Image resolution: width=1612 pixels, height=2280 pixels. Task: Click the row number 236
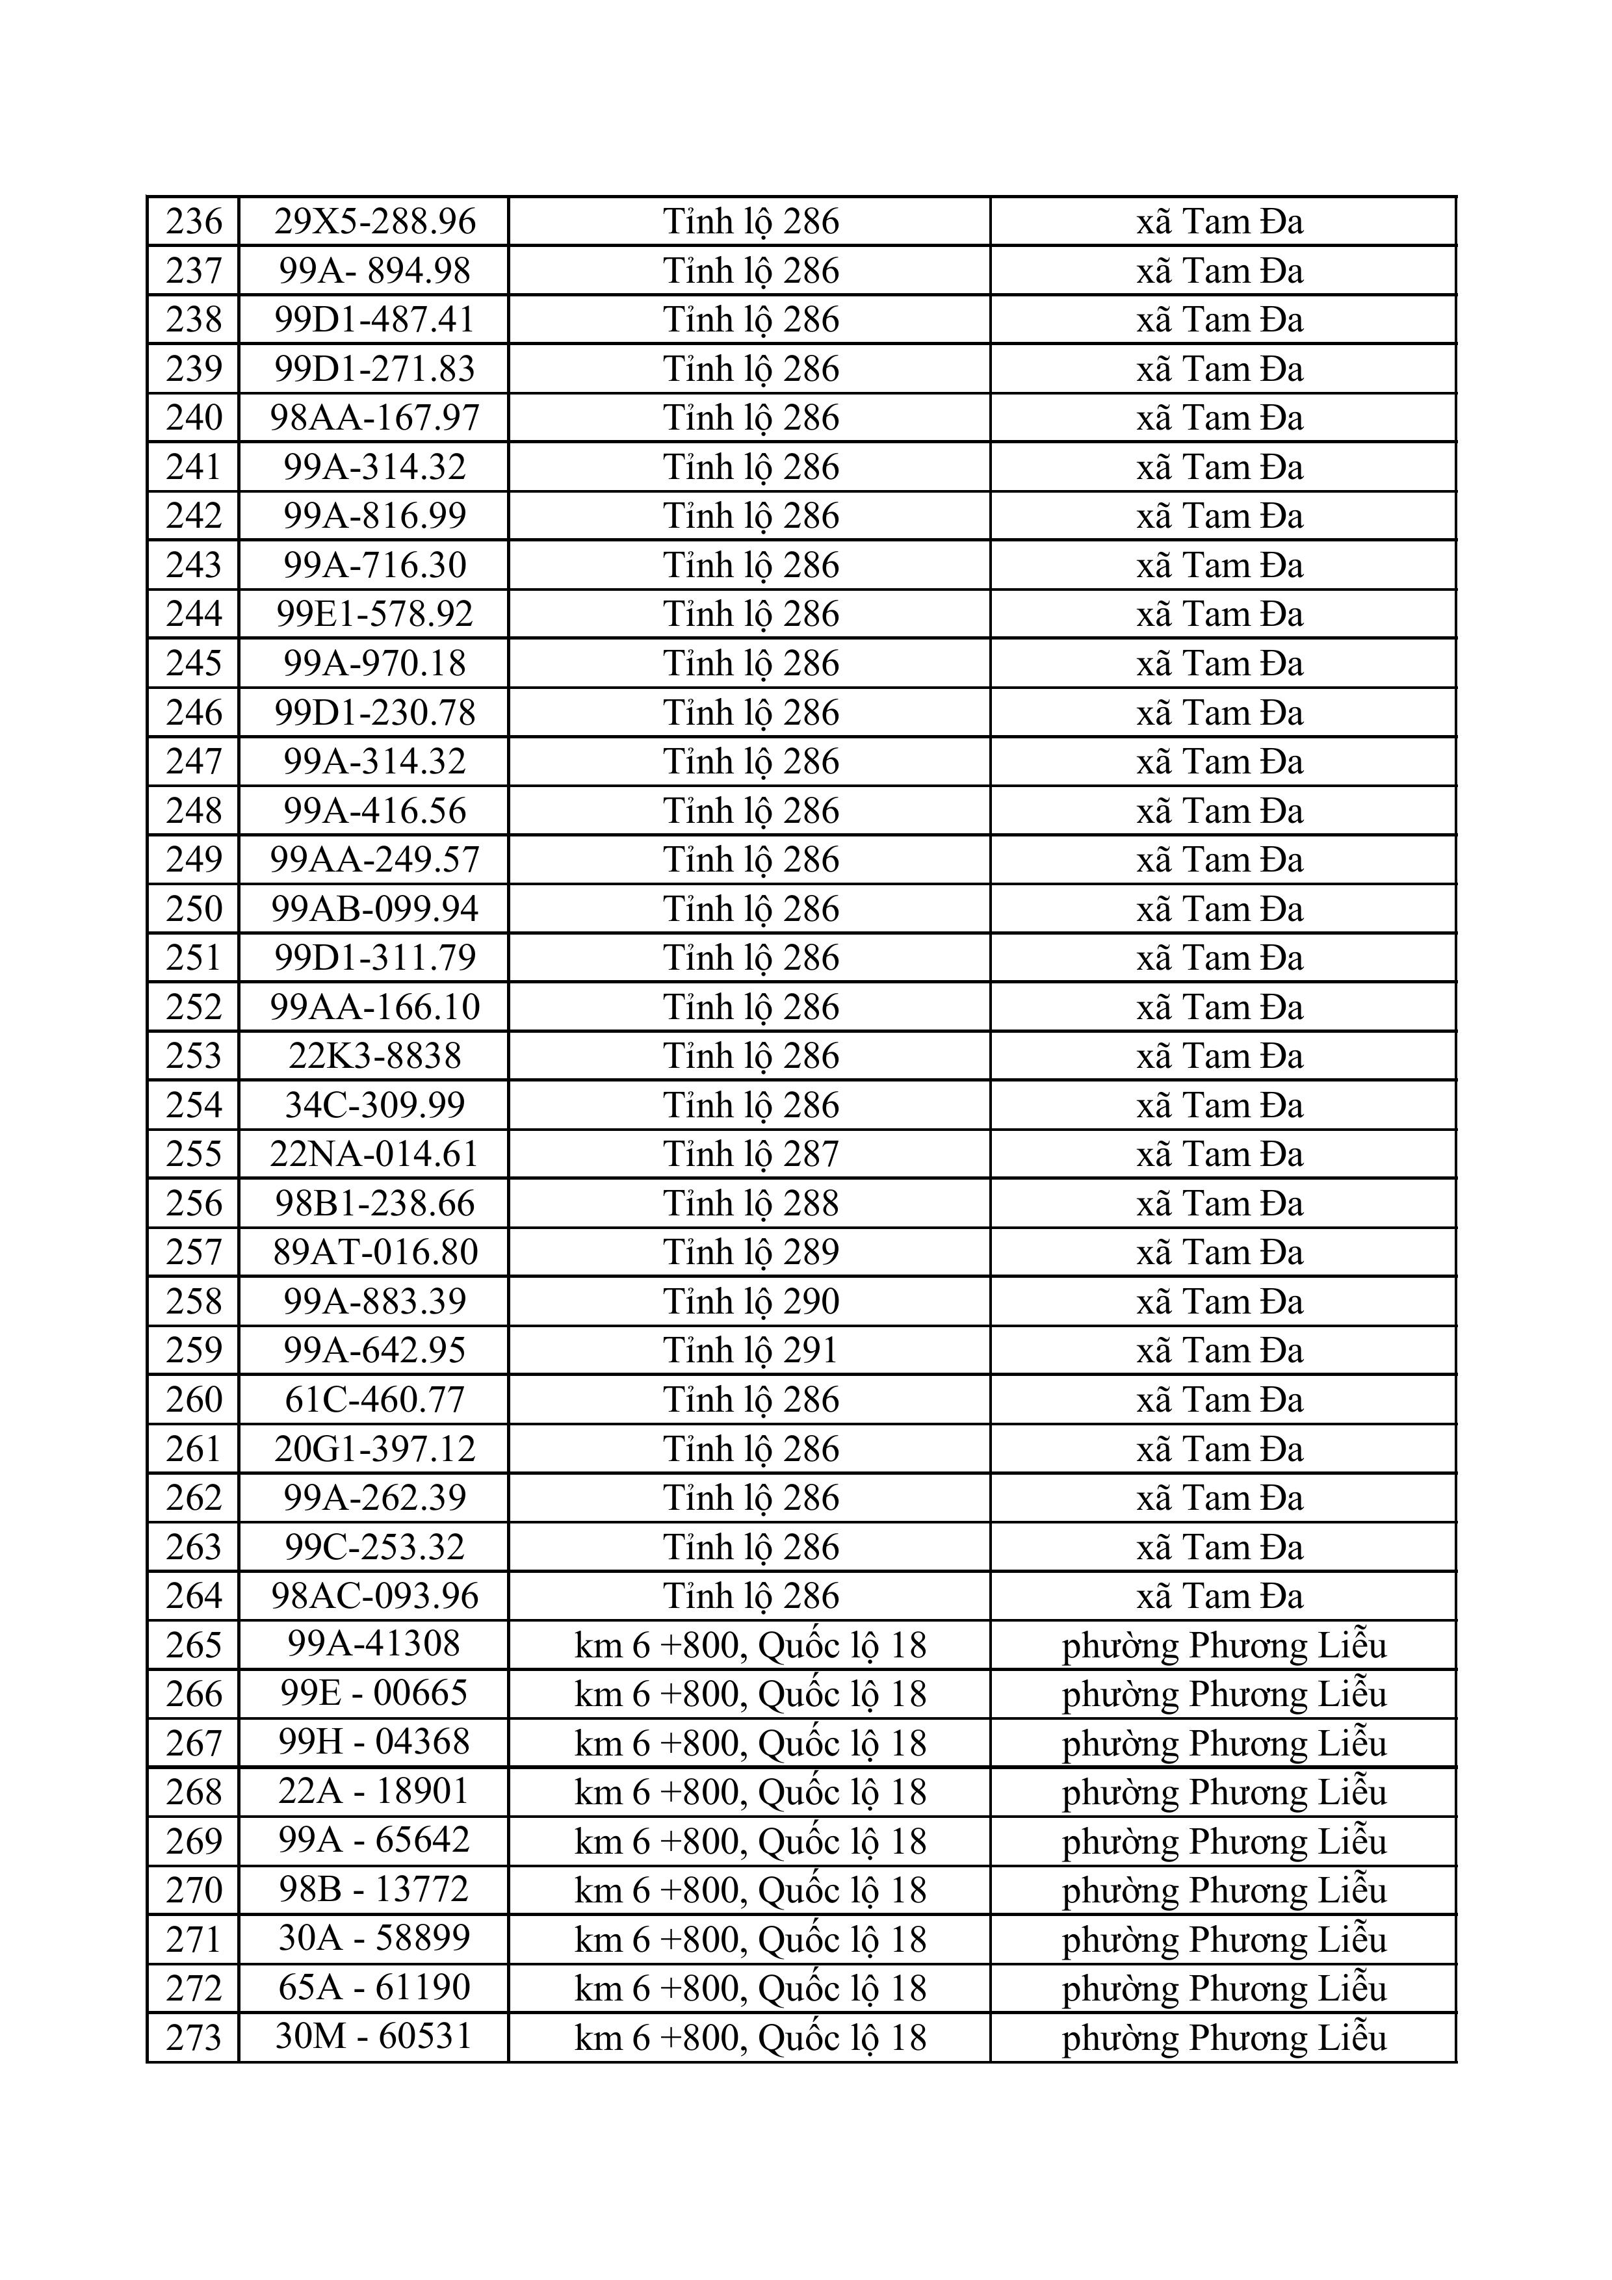194,220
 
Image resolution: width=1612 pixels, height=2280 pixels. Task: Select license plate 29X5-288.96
374,220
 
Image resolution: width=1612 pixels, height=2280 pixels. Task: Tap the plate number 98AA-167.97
374,417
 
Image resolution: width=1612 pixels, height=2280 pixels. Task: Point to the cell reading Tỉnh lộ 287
751,1154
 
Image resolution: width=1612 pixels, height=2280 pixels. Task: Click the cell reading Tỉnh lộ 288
751,1204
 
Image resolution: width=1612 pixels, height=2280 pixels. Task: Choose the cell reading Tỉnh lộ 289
751,1252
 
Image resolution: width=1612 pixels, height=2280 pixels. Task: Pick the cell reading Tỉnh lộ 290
751,1302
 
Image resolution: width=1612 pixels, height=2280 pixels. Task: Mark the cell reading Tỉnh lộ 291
751,1351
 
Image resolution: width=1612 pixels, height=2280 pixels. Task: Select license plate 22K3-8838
374,1056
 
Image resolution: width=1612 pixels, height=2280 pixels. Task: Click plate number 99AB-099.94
374,909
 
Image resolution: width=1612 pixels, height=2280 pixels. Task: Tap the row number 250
194,909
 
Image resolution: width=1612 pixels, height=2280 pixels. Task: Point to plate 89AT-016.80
374,1252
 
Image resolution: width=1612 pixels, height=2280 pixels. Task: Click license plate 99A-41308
374,1644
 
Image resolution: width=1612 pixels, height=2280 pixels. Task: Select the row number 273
194,2038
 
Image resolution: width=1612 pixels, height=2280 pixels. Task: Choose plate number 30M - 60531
374,2037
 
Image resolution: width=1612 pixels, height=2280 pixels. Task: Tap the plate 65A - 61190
374,1988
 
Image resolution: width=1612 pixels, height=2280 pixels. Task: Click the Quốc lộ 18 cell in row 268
751,1793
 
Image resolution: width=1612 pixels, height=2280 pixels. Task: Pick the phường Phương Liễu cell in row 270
1224,1890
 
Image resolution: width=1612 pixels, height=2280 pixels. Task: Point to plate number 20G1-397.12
374,1449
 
